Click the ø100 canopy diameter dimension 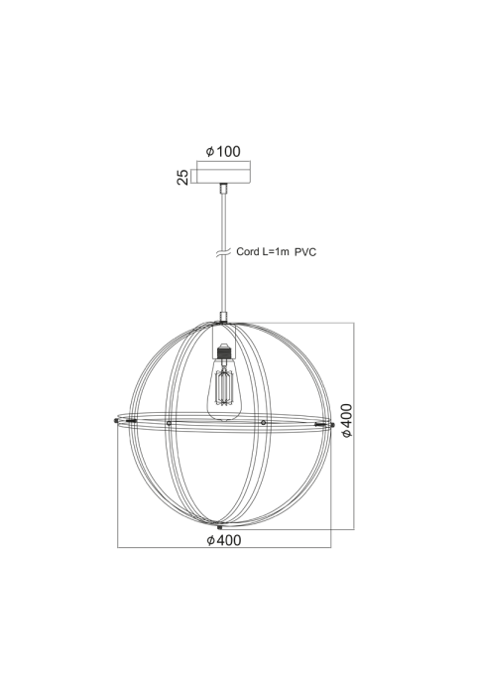(223, 151)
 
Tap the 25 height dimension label (182, 177)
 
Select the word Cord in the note (247, 251)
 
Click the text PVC (305, 252)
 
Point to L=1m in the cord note (276, 251)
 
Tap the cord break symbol (223, 252)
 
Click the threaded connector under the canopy (224, 188)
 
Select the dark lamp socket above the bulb (224, 352)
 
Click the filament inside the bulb (224, 388)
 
